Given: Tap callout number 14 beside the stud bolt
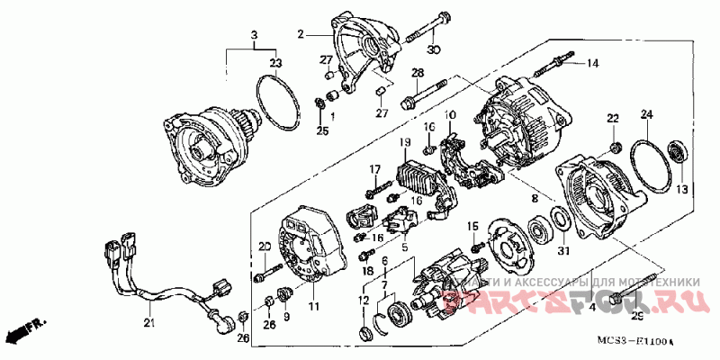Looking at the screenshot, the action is [593, 63].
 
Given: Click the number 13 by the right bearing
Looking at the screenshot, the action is [681, 190].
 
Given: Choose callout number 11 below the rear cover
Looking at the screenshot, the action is [314, 307].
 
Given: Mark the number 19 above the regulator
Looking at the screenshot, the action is [405, 143].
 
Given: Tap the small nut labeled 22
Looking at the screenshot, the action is [614, 145].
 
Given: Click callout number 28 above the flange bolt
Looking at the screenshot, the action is [418, 72].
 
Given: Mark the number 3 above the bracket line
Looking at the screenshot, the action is [255, 34].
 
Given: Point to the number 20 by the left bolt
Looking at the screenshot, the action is [265, 247].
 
